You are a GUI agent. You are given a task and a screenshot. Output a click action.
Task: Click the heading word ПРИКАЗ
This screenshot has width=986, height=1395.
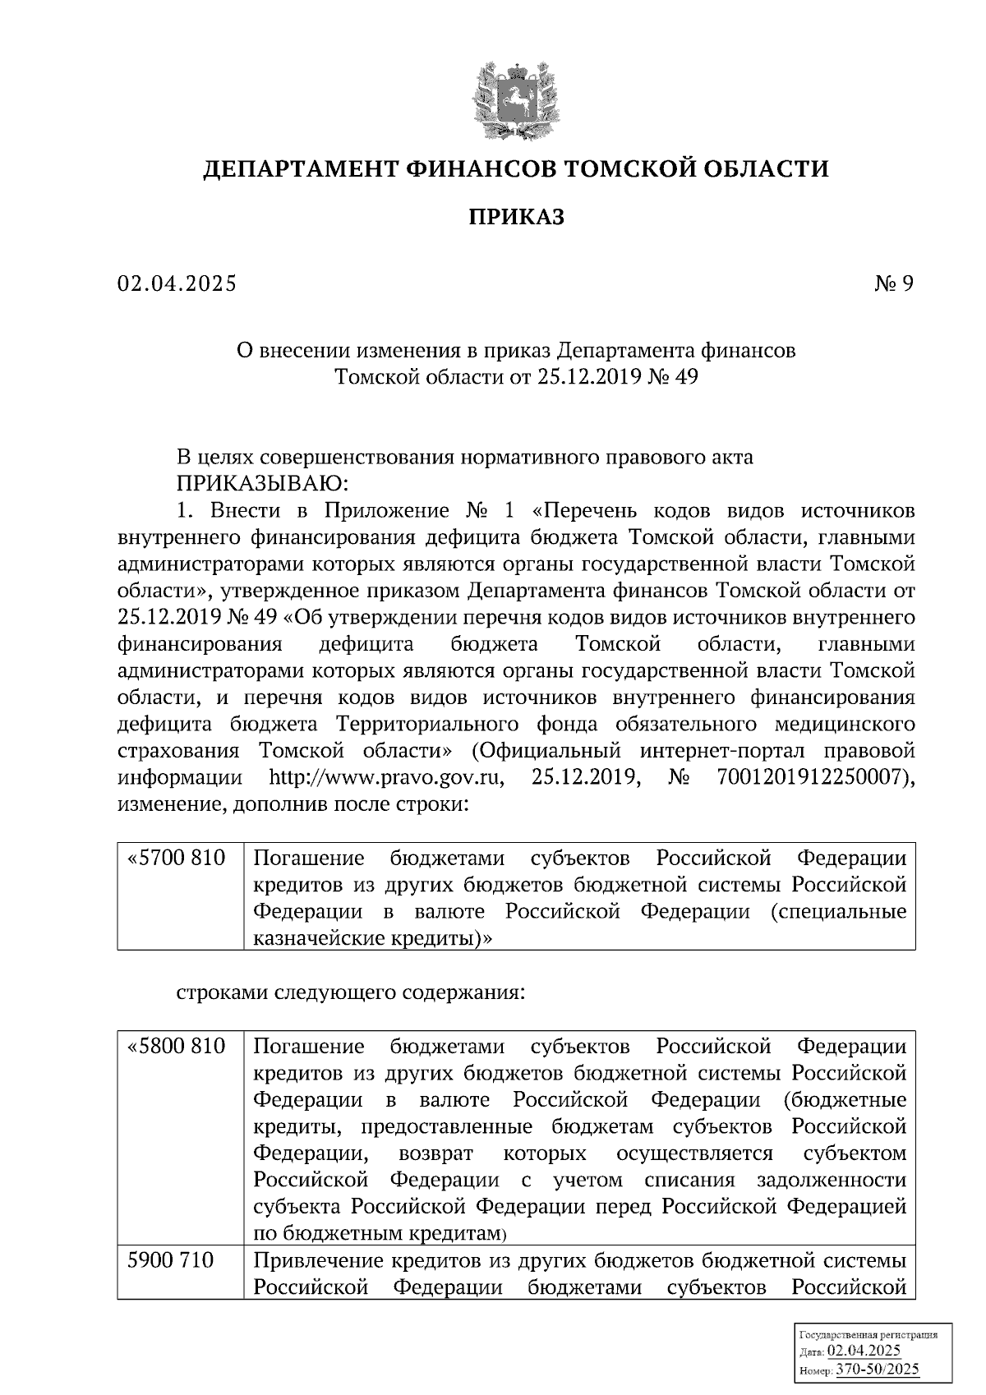coord(516,218)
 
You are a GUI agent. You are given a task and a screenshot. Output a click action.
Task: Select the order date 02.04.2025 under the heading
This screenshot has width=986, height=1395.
coord(177,284)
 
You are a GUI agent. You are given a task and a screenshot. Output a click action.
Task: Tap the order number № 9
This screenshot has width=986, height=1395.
coord(893,284)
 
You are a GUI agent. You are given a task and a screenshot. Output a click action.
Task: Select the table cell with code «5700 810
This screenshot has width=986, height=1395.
coord(177,859)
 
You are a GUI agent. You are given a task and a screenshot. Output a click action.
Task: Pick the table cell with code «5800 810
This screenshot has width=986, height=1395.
coord(177,1047)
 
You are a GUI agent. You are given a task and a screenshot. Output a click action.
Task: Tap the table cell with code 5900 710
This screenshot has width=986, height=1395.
coord(171,1261)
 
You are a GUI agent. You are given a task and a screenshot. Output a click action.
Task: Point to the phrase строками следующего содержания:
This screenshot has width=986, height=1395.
coord(350,992)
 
